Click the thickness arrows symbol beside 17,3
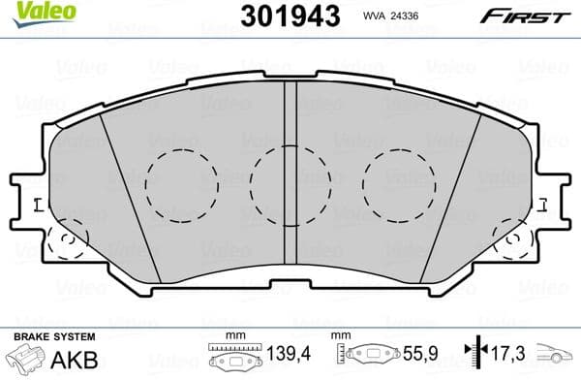tap(471, 356)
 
